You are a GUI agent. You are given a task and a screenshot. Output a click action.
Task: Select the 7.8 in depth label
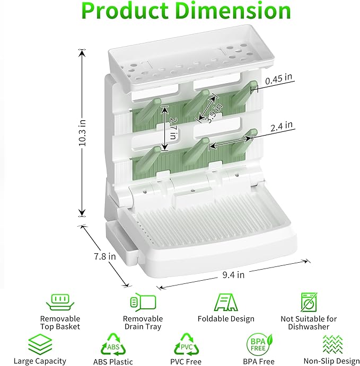click(105, 256)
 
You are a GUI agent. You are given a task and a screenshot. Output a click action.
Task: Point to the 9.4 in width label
click(233, 275)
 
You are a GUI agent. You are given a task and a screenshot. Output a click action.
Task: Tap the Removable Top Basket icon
click(60, 302)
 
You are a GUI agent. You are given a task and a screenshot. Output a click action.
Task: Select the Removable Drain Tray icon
click(143, 302)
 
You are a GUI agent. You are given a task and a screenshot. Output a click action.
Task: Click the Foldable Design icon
click(226, 302)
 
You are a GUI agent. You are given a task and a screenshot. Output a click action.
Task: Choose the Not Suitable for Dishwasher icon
click(309, 302)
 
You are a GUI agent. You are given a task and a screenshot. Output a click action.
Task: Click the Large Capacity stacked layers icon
click(40, 343)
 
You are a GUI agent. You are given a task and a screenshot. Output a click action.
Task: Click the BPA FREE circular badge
click(259, 344)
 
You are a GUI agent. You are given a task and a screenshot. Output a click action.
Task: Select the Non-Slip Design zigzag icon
click(331, 344)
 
